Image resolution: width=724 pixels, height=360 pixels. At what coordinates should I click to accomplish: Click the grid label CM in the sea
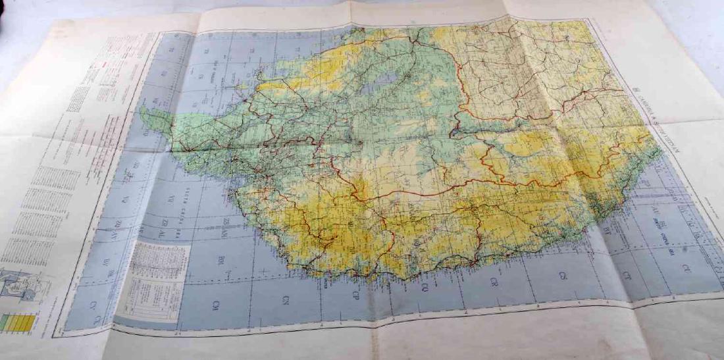click(x=217, y=305)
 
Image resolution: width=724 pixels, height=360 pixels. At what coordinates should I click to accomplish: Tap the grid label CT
click(x=626, y=276)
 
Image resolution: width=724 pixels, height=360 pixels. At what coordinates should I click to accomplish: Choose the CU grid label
click(x=686, y=268)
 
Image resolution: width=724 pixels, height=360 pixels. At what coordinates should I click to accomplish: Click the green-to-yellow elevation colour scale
click(x=19, y=322)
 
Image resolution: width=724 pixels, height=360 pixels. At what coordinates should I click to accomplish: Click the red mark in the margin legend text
click(x=103, y=67)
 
